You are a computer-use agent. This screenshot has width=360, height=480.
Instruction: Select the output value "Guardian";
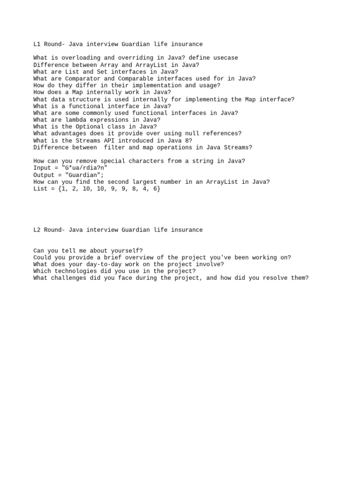pos(84,175)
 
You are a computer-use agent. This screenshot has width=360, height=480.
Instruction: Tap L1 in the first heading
pos(37,44)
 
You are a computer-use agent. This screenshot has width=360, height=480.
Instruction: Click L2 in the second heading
pos(37,230)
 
